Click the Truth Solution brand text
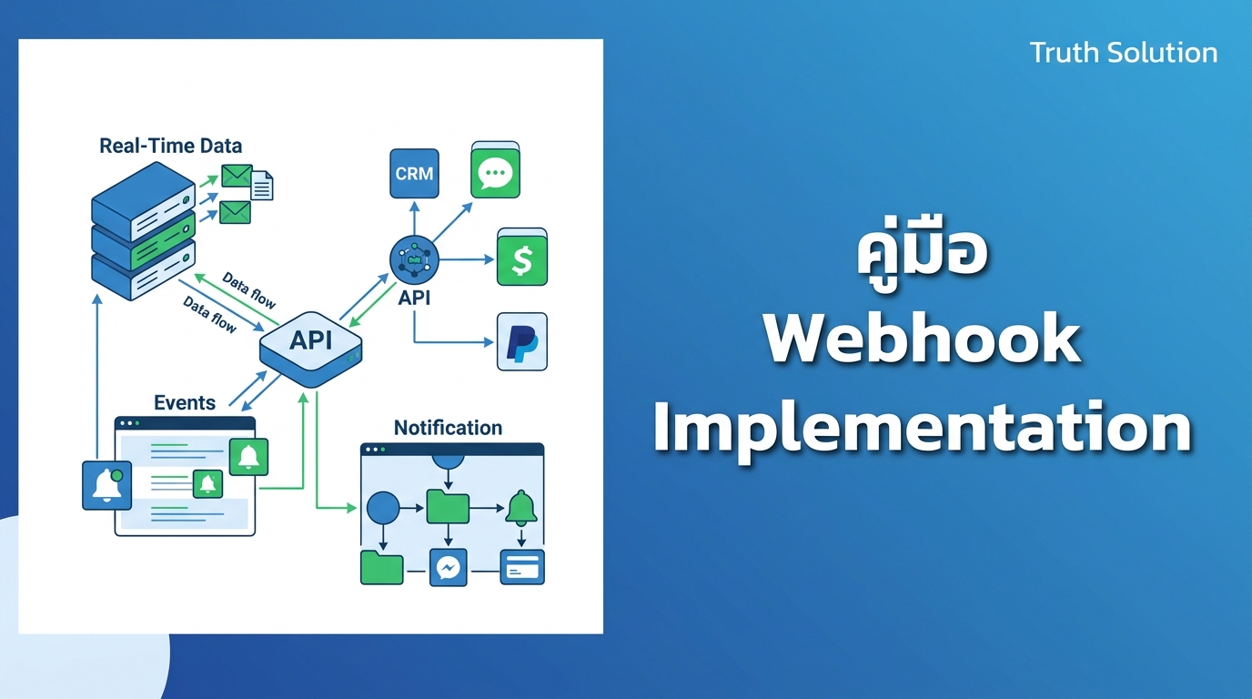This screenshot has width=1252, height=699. point(1124,53)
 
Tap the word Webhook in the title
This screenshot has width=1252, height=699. point(923,339)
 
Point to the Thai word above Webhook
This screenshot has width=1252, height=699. point(923,251)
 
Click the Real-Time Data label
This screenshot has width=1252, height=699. point(170,146)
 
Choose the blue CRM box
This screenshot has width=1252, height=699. point(414,173)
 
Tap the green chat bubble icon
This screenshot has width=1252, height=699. point(495,170)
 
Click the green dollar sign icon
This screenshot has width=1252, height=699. point(522,258)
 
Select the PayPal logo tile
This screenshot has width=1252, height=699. point(522,341)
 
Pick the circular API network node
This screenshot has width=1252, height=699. point(414,260)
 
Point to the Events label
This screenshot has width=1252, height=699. point(185,402)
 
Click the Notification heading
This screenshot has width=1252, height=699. point(448,428)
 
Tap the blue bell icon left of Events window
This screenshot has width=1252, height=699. point(106,485)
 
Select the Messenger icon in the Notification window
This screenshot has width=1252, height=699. point(449,568)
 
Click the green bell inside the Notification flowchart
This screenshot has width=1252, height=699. point(521,508)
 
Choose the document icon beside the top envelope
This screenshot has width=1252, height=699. point(262,185)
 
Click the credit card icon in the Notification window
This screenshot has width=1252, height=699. point(522,567)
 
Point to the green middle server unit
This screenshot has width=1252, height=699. point(144,241)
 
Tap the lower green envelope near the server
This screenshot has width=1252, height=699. point(235,212)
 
